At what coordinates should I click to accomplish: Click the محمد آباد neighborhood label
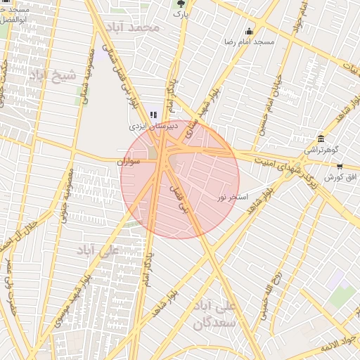(x=133, y=27)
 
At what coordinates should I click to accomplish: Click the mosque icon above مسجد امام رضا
(x=249, y=31)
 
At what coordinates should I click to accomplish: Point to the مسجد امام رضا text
(x=249, y=42)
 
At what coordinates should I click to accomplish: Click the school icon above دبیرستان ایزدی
(x=154, y=115)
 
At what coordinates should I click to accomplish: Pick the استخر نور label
(x=233, y=197)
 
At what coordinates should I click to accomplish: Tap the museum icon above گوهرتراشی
(x=321, y=138)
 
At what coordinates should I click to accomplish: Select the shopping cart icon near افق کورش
(x=340, y=167)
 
